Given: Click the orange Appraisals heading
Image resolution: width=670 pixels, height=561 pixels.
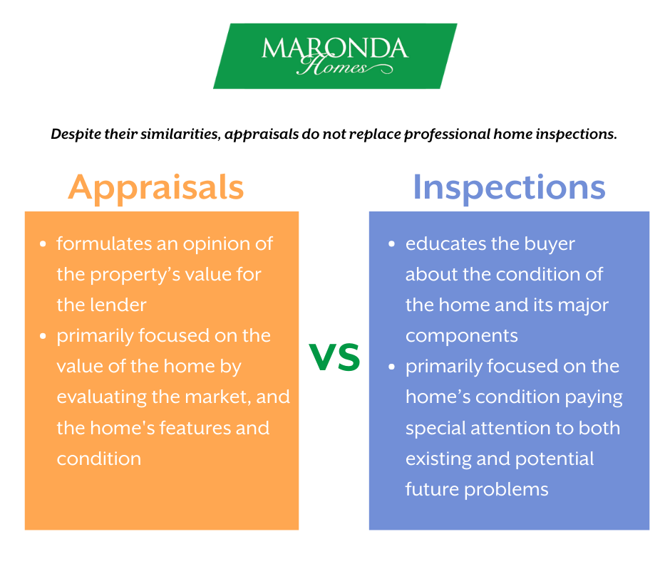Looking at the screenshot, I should click(156, 187).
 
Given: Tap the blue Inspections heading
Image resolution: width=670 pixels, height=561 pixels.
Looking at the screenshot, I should click(509, 187).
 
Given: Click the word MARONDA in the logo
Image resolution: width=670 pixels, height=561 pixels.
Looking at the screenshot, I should click(334, 48).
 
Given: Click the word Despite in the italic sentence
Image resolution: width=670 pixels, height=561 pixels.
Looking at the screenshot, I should click(76, 133).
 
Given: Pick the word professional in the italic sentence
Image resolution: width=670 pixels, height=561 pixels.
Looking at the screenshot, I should click(448, 133).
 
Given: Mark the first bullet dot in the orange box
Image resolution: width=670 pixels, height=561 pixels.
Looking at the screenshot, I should click(43, 244).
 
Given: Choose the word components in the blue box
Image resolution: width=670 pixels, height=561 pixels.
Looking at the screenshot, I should click(463, 336).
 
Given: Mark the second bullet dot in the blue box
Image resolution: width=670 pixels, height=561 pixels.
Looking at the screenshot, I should click(392, 367).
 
